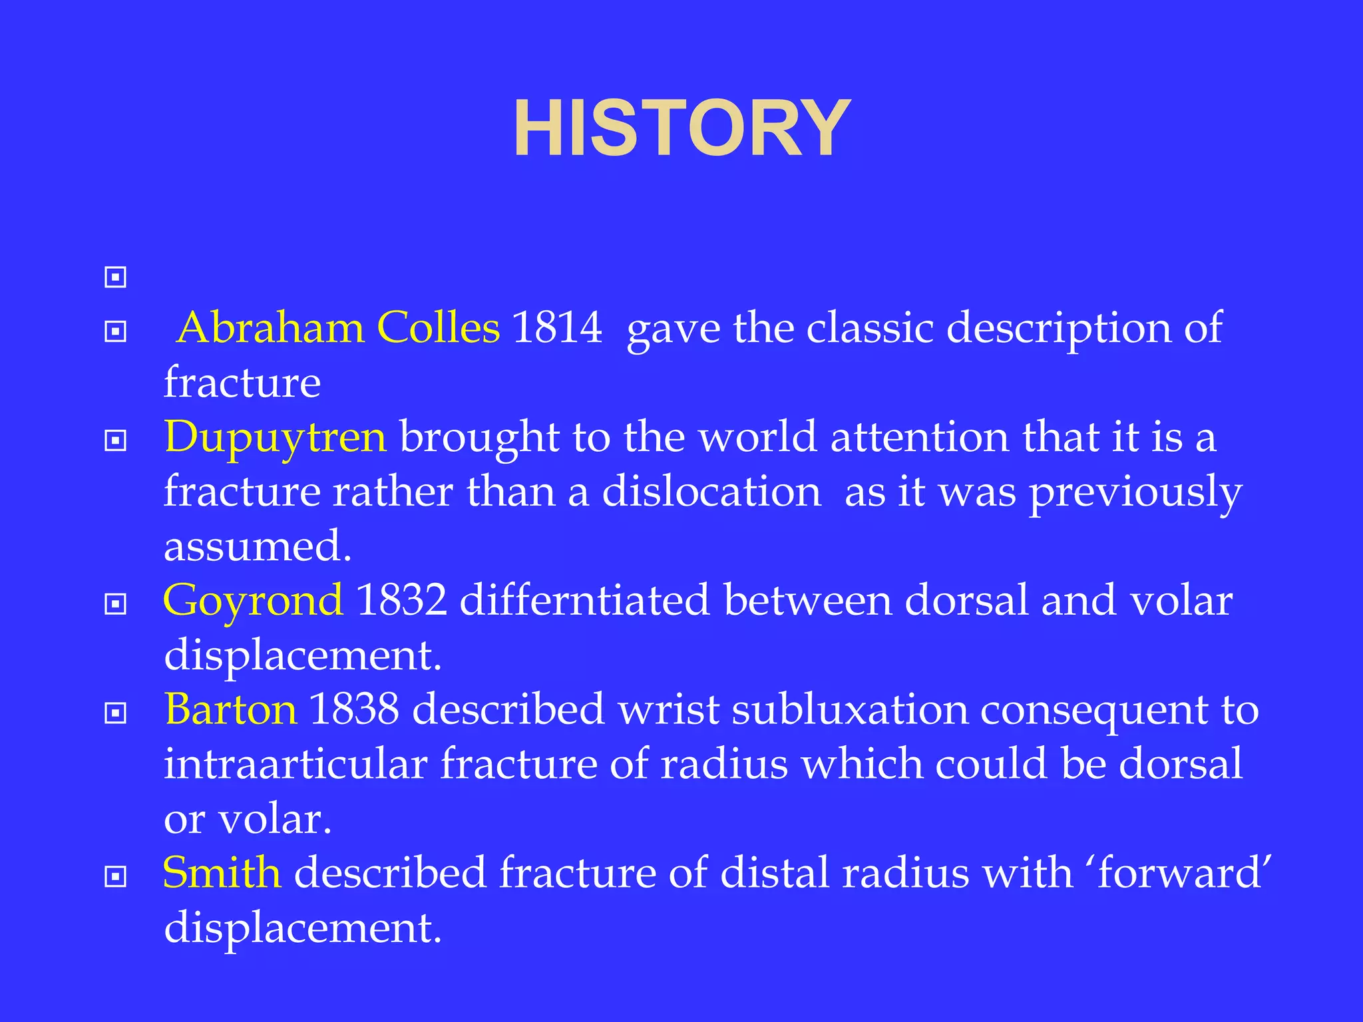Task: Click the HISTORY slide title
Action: (681, 128)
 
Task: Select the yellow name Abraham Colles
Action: (339, 328)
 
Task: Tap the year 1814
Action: (557, 328)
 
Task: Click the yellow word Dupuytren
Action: (275, 437)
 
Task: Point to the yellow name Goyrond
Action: (254, 600)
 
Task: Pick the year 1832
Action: (401, 600)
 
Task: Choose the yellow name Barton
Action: (230, 709)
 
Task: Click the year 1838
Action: (354, 709)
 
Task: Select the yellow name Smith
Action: (222, 872)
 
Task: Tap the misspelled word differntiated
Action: (584, 600)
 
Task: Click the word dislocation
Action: (711, 492)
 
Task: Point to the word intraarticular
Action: (295, 764)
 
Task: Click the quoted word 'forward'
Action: (1179, 872)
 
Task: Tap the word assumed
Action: (257, 546)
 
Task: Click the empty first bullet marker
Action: (115, 277)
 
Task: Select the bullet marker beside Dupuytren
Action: (115, 440)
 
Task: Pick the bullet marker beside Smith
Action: (115, 876)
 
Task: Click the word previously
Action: (1135, 493)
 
